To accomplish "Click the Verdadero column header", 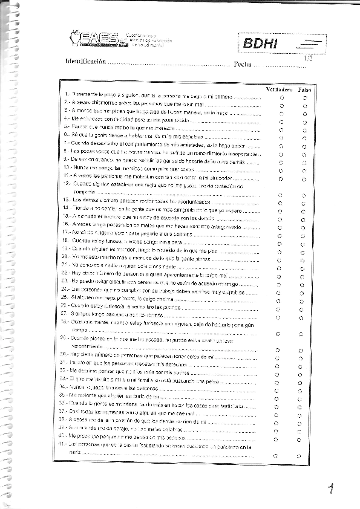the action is tap(280, 89).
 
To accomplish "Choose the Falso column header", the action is tap(304, 89).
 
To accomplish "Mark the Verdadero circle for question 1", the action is tap(281, 97).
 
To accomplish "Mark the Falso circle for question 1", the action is tap(305, 97).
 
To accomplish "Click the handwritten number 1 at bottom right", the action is tap(331, 488).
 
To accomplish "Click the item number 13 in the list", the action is tap(65, 199).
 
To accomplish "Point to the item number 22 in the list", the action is tap(65, 274).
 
